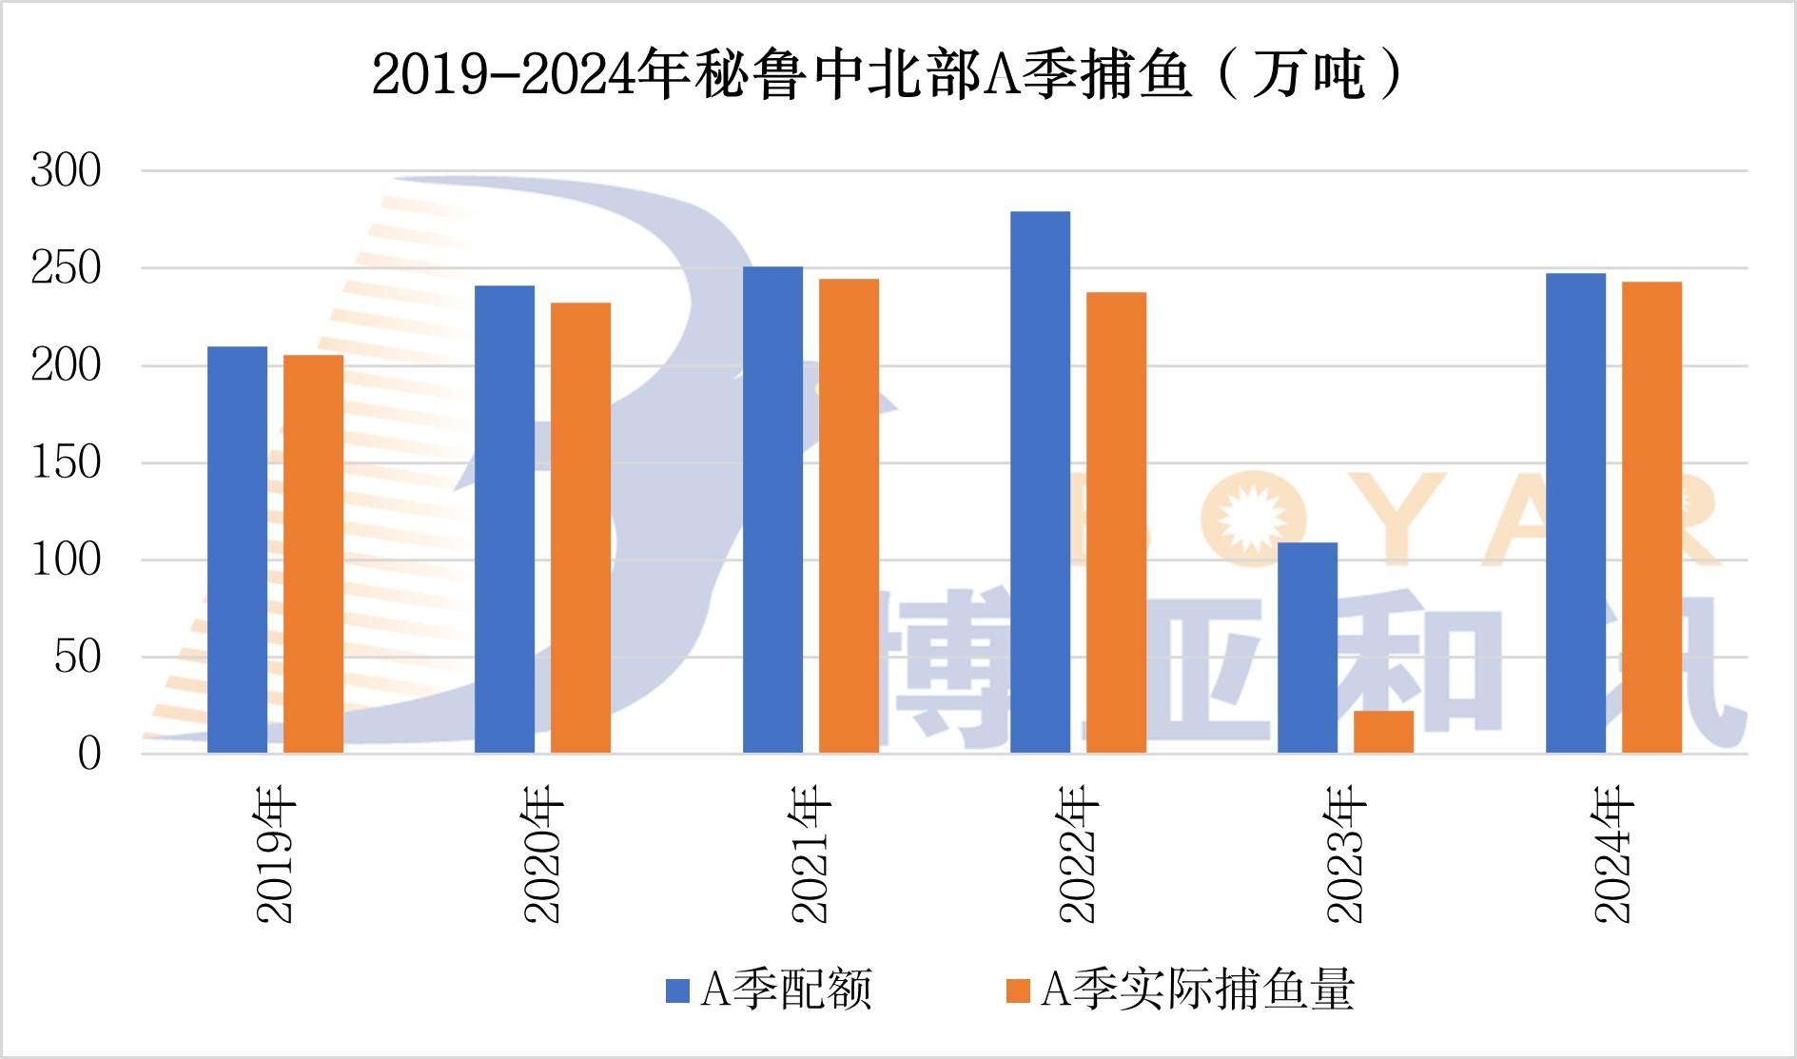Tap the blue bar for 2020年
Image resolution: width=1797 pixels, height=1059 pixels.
[x=504, y=520]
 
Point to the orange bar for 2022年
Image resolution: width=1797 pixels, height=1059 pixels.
[x=1116, y=522]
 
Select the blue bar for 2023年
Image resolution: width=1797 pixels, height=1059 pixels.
[x=1307, y=648]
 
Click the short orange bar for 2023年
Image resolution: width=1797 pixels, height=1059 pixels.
[x=1383, y=732]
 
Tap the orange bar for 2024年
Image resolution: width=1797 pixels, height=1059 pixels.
[x=1651, y=518]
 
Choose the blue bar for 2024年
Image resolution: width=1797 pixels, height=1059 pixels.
[x=1575, y=514]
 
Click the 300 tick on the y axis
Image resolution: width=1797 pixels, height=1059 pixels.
[x=66, y=171]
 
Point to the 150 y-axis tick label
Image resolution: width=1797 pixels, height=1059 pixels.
[x=66, y=462]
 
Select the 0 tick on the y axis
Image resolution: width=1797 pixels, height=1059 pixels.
[x=88, y=754]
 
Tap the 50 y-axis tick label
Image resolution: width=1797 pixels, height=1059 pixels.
[x=77, y=657]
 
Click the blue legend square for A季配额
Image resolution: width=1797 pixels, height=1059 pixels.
[x=676, y=990]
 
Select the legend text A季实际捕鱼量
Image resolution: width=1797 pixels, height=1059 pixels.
[x=1197, y=990]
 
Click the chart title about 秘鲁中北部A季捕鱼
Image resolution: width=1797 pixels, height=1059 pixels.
[x=887, y=74]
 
